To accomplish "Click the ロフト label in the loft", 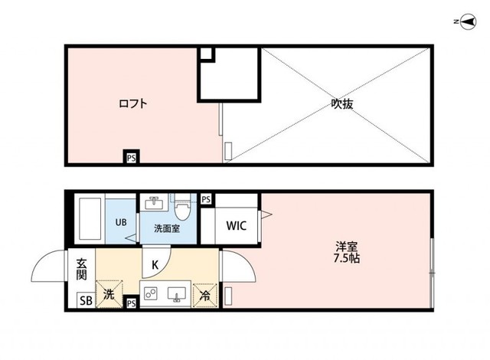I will (132, 103).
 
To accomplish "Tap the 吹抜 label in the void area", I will (341, 103).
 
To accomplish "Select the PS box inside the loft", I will (131, 158).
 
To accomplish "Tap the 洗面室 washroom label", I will (166, 227).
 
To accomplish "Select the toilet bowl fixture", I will (182, 208).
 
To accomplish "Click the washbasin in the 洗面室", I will (154, 203).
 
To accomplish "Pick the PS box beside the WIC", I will (205, 199).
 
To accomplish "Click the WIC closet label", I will (235, 226).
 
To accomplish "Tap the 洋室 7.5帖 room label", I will (347, 252).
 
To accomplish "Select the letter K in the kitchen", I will (154, 264).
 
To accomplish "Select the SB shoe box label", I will (85, 299).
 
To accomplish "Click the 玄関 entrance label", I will (82, 269).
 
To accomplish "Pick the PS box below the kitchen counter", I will (131, 303).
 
